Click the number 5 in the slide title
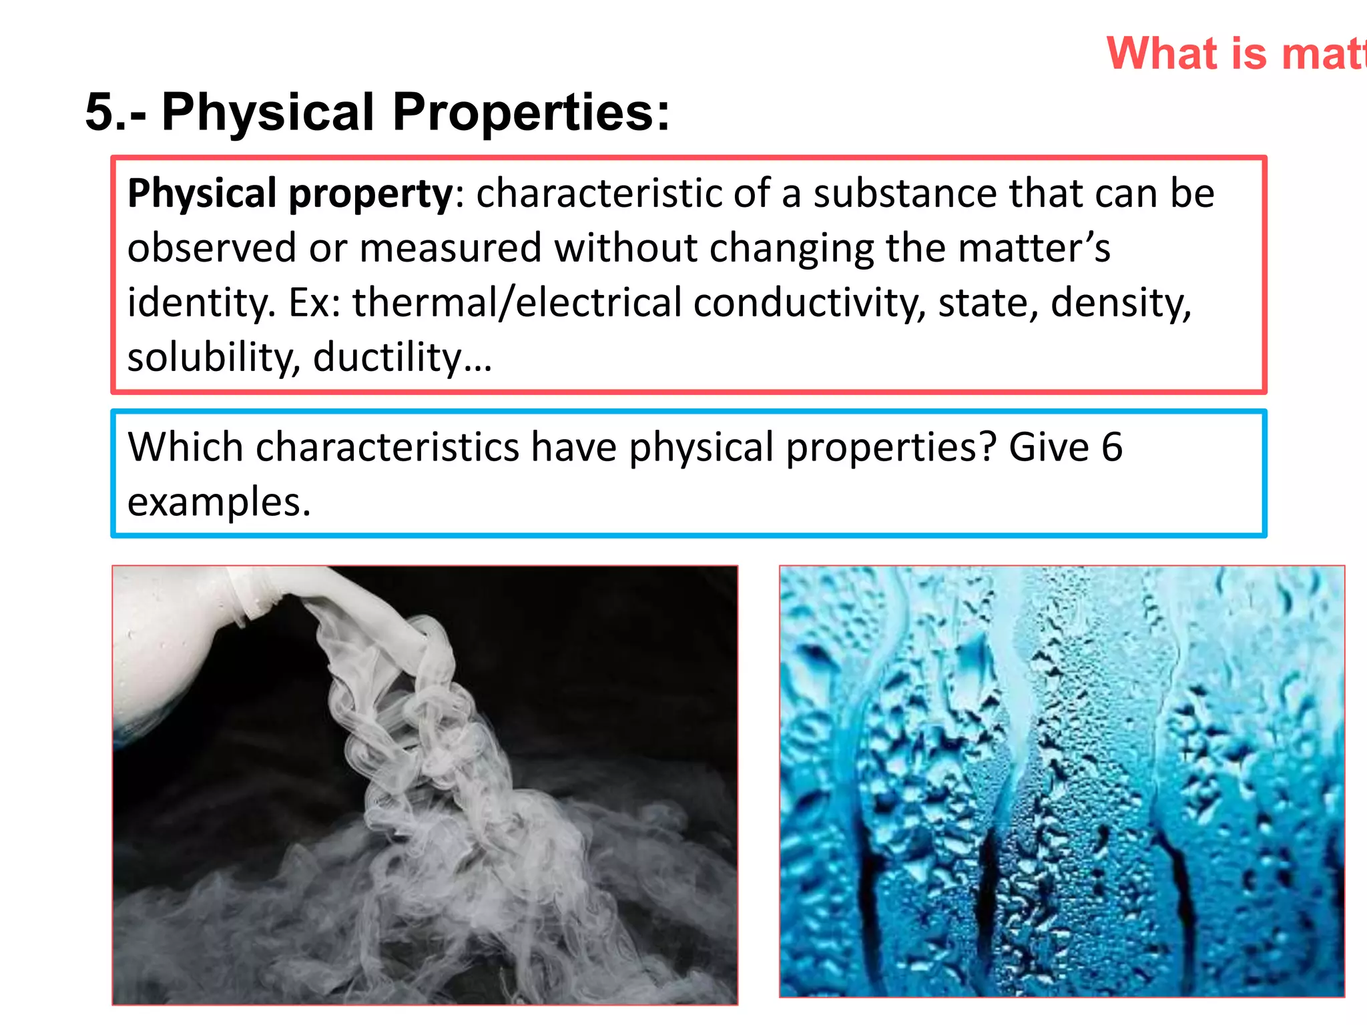101,111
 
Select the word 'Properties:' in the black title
531,113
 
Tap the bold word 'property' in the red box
370,194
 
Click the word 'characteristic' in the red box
599,194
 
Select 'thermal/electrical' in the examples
517,303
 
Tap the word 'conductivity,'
810,303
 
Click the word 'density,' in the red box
1121,303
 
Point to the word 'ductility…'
402,358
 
